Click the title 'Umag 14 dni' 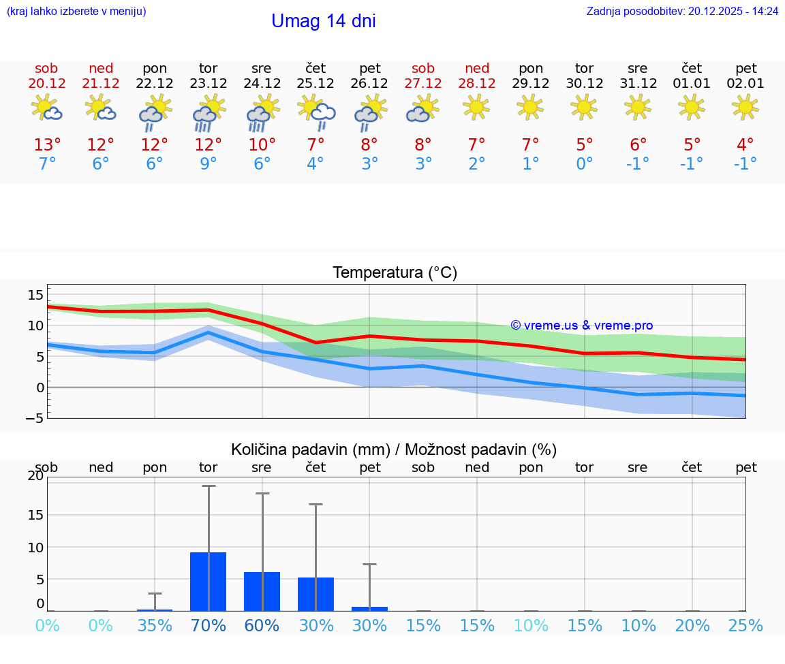point(323,21)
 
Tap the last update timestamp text point(682,11)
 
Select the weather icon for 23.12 point(208,112)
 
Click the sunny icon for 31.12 point(638,107)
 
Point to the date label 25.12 point(315,84)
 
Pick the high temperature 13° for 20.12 point(47,145)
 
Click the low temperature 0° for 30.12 point(584,164)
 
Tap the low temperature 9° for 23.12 point(208,164)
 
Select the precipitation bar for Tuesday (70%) point(208,582)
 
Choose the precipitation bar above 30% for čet point(315,594)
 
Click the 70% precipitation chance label point(208,626)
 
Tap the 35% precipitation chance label point(155,626)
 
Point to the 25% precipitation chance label point(745,626)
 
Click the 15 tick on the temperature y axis point(35,295)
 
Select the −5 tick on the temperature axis point(34,418)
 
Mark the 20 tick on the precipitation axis point(35,476)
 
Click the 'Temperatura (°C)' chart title point(395,273)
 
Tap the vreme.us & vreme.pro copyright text point(582,326)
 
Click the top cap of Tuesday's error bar point(209,486)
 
